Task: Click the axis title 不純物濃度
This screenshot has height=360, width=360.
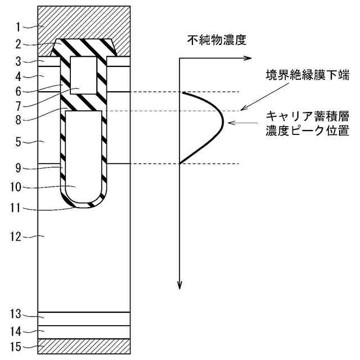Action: [217, 40]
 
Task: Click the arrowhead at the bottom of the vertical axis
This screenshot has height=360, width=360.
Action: [179, 286]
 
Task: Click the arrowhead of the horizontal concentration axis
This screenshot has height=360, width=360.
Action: [246, 57]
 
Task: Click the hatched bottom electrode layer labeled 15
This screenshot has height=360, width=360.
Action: [84, 346]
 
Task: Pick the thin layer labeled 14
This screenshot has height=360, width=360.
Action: [84, 332]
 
